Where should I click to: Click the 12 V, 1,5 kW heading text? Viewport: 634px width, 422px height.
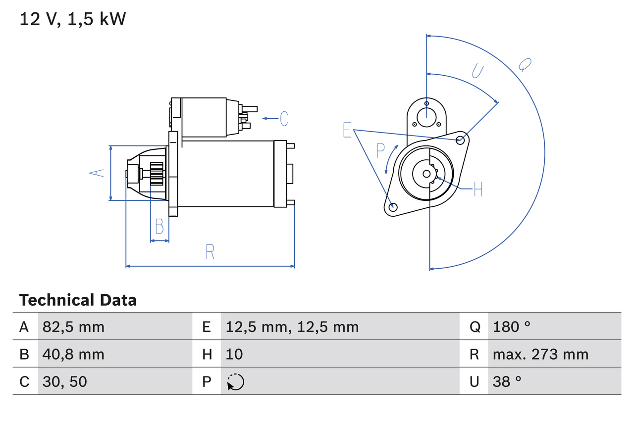pyautogui.click(x=73, y=19)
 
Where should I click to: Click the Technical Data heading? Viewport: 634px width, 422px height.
pyautogui.click(x=78, y=300)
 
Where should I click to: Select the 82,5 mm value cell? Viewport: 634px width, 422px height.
pyautogui.click(x=73, y=327)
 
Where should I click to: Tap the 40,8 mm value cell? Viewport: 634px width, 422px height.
pyautogui.click(x=73, y=354)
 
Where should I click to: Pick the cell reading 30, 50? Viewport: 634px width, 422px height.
pyautogui.click(x=65, y=381)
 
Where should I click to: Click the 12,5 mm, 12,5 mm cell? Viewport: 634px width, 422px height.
pyautogui.click(x=292, y=327)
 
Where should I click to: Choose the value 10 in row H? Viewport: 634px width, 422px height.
pyautogui.click(x=234, y=354)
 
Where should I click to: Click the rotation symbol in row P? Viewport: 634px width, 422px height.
pyautogui.click(x=235, y=382)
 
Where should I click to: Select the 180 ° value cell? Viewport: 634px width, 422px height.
pyautogui.click(x=512, y=327)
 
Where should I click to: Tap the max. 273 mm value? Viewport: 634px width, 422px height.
pyautogui.click(x=540, y=354)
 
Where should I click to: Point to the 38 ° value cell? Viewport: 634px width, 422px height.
pyautogui.click(x=507, y=381)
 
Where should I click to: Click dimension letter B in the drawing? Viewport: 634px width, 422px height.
pyautogui.click(x=159, y=226)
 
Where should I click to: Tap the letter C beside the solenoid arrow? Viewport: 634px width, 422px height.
pyautogui.click(x=284, y=119)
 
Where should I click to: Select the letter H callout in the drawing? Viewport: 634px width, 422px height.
pyautogui.click(x=477, y=189)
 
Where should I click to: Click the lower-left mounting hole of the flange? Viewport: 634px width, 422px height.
pyautogui.click(x=393, y=207)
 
